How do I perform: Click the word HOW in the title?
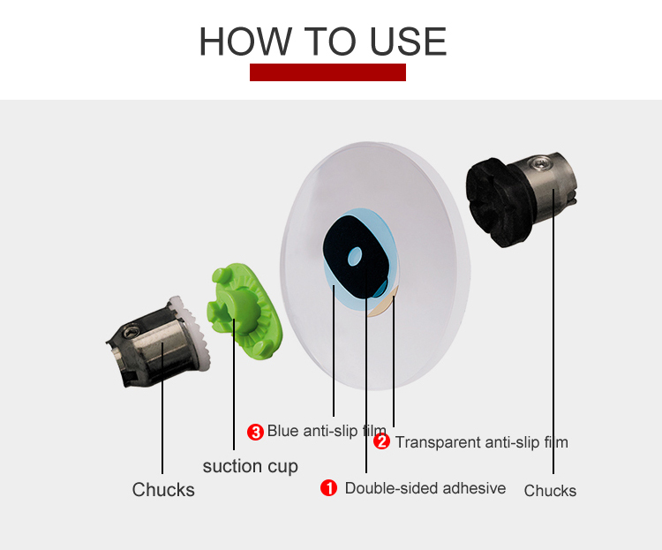[x=245, y=41]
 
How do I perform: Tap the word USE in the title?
[x=408, y=41]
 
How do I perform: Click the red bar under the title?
[x=327, y=72]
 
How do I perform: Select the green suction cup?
[x=244, y=312]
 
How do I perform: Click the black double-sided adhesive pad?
[x=356, y=255]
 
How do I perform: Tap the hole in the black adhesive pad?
[x=355, y=257]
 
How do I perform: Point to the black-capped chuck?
[x=522, y=199]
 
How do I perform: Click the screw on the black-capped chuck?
[x=541, y=162]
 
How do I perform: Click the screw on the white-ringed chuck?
[x=131, y=332]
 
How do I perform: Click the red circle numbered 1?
[x=328, y=488]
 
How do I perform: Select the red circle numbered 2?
[x=381, y=442]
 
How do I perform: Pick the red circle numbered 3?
[x=255, y=433]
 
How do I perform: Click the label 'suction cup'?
[x=251, y=466]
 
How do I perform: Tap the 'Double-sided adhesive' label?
[x=425, y=488]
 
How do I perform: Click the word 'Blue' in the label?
[x=282, y=431]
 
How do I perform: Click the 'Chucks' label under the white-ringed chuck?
[x=163, y=490]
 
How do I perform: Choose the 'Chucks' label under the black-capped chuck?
[x=550, y=491]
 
